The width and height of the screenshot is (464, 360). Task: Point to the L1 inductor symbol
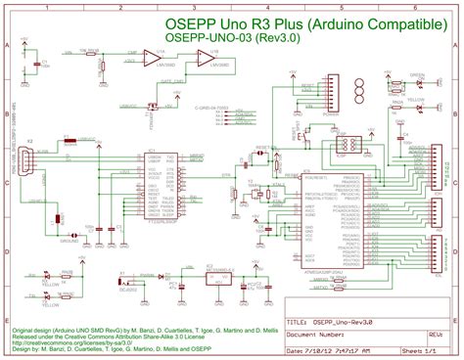(x=61, y=219)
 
